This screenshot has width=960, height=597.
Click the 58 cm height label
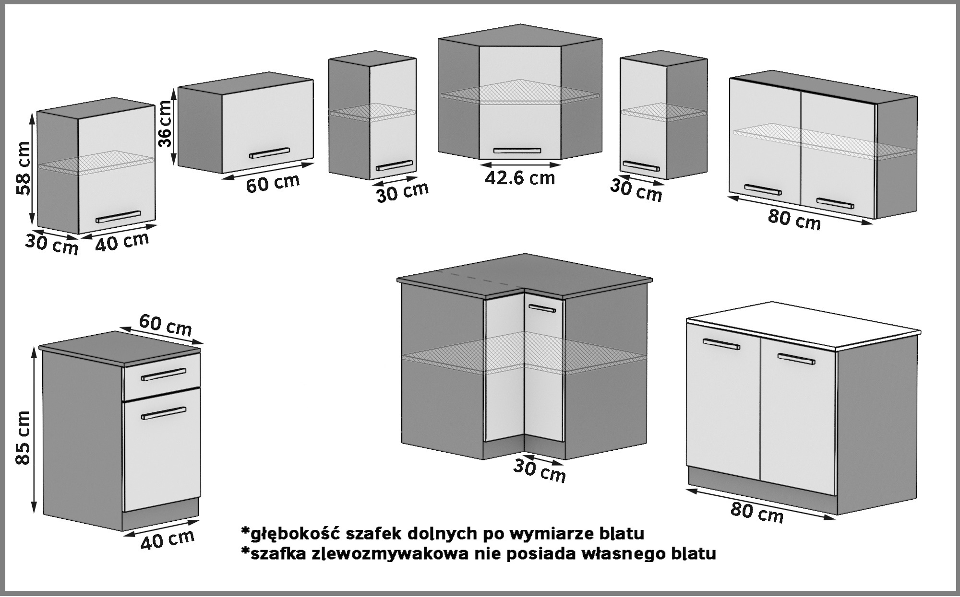coord(23,168)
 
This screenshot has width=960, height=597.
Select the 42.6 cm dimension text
coord(519,178)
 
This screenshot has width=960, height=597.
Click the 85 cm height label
coord(23,438)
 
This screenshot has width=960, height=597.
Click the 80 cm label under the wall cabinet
coord(794,220)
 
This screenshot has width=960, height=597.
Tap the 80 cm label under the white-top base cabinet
coord(757,513)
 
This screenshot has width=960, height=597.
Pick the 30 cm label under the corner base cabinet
coord(540,470)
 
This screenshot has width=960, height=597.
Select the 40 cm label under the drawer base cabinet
coord(168,539)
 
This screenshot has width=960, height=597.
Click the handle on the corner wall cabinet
coord(517,151)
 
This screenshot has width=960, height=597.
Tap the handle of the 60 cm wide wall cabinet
coord(269,153)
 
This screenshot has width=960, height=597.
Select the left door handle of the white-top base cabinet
coord(721,344)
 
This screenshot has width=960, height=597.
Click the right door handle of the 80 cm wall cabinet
coord(835,203)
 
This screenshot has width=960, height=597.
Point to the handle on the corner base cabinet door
coord(542,307)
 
